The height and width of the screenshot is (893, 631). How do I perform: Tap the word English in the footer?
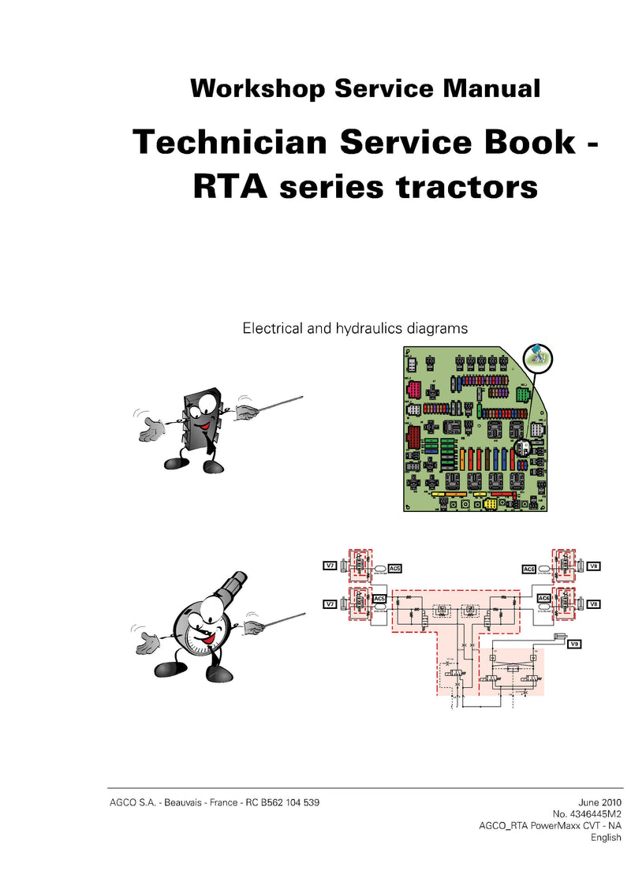[x=606, y=837]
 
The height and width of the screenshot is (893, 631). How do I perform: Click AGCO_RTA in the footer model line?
[x=505, y=825]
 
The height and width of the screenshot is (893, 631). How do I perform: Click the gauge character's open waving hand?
[x=147, y=640]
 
